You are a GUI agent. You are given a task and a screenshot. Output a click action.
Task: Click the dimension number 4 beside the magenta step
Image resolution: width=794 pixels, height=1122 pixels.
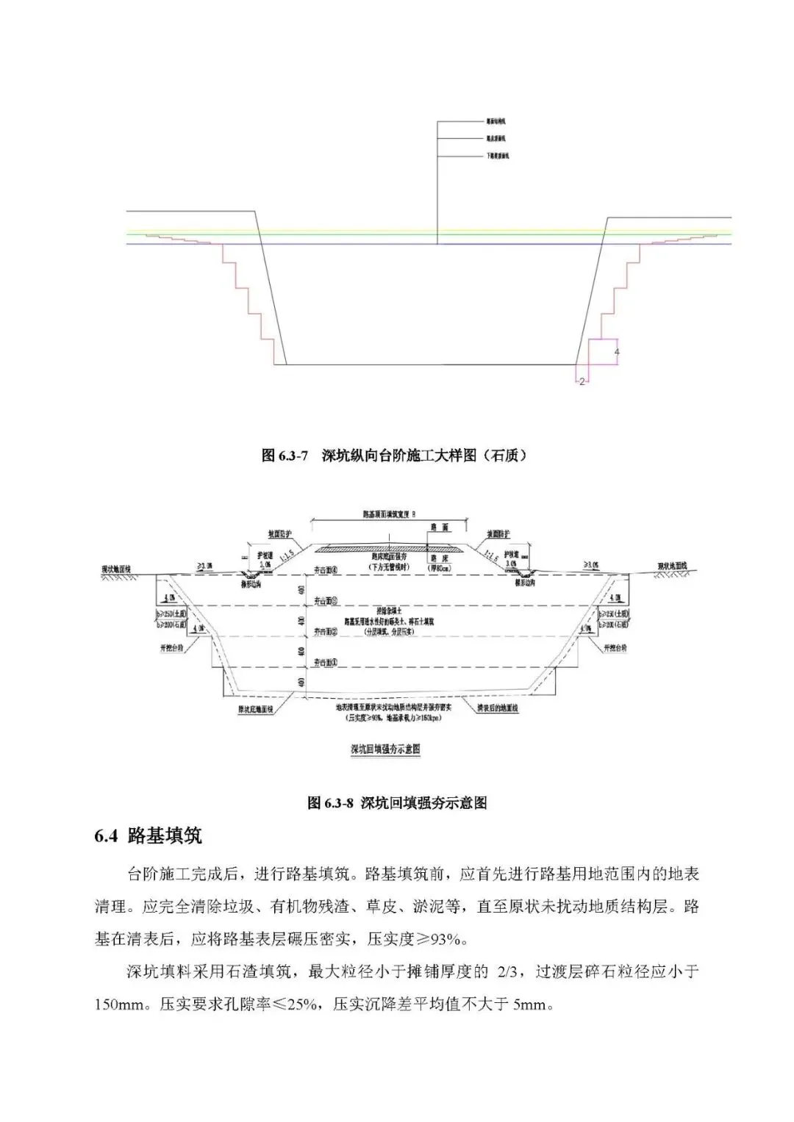[617, 353]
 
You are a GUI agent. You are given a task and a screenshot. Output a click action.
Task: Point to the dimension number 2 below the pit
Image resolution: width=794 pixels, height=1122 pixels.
[582, 381]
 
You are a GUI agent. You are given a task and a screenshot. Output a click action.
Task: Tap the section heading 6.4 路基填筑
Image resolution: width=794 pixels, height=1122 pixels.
[148, 836]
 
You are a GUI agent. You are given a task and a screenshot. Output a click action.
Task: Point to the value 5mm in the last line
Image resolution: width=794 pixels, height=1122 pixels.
[532, 1004]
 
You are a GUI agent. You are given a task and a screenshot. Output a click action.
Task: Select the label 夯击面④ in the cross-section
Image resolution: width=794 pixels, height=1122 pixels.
[325, 569]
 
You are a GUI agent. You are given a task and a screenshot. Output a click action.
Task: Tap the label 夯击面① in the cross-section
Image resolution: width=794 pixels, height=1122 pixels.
[325, 663]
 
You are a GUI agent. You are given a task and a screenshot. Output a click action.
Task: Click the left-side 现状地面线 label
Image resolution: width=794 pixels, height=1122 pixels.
[117, 569]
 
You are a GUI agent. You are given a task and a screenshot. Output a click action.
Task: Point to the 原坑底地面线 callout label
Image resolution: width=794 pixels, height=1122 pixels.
[255, 711]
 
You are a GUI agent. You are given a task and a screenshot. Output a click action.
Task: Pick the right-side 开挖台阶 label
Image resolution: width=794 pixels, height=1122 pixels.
[615, 648]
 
